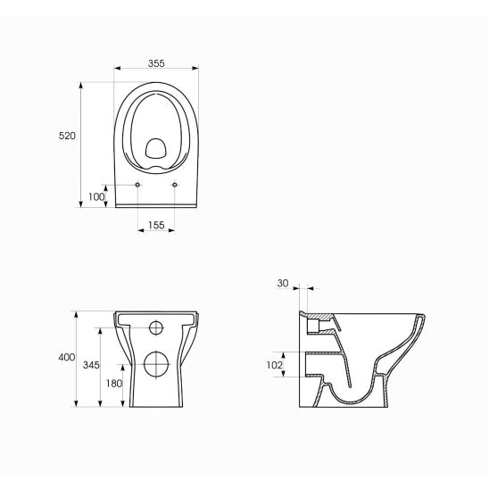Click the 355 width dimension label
click(x=156, y=63)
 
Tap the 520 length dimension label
click(x=67, y=136)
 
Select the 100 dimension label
click(x=96, y=197)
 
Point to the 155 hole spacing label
click(x=156, y=225)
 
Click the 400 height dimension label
click(x=67, y=357)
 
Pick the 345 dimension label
click(x=91, y=365)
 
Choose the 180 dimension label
click(x=114, y=384)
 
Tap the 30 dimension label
click(x=283, y=283)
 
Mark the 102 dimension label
click(x=275, y=365)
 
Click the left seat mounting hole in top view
click(x=137, y=185)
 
